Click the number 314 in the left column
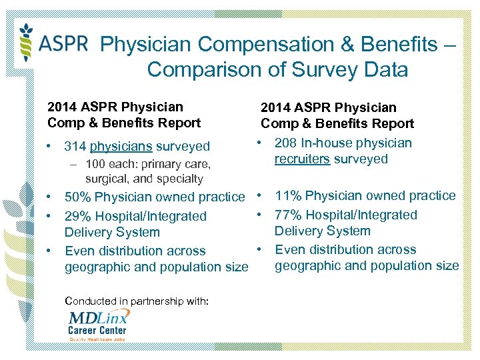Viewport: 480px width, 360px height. pos(75,146)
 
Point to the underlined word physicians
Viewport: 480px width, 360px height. pos(121,146)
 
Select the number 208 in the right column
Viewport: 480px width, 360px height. pos(286,143)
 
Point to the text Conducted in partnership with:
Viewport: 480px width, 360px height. pos(137,301)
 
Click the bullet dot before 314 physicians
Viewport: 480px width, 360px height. pos(51,146)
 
